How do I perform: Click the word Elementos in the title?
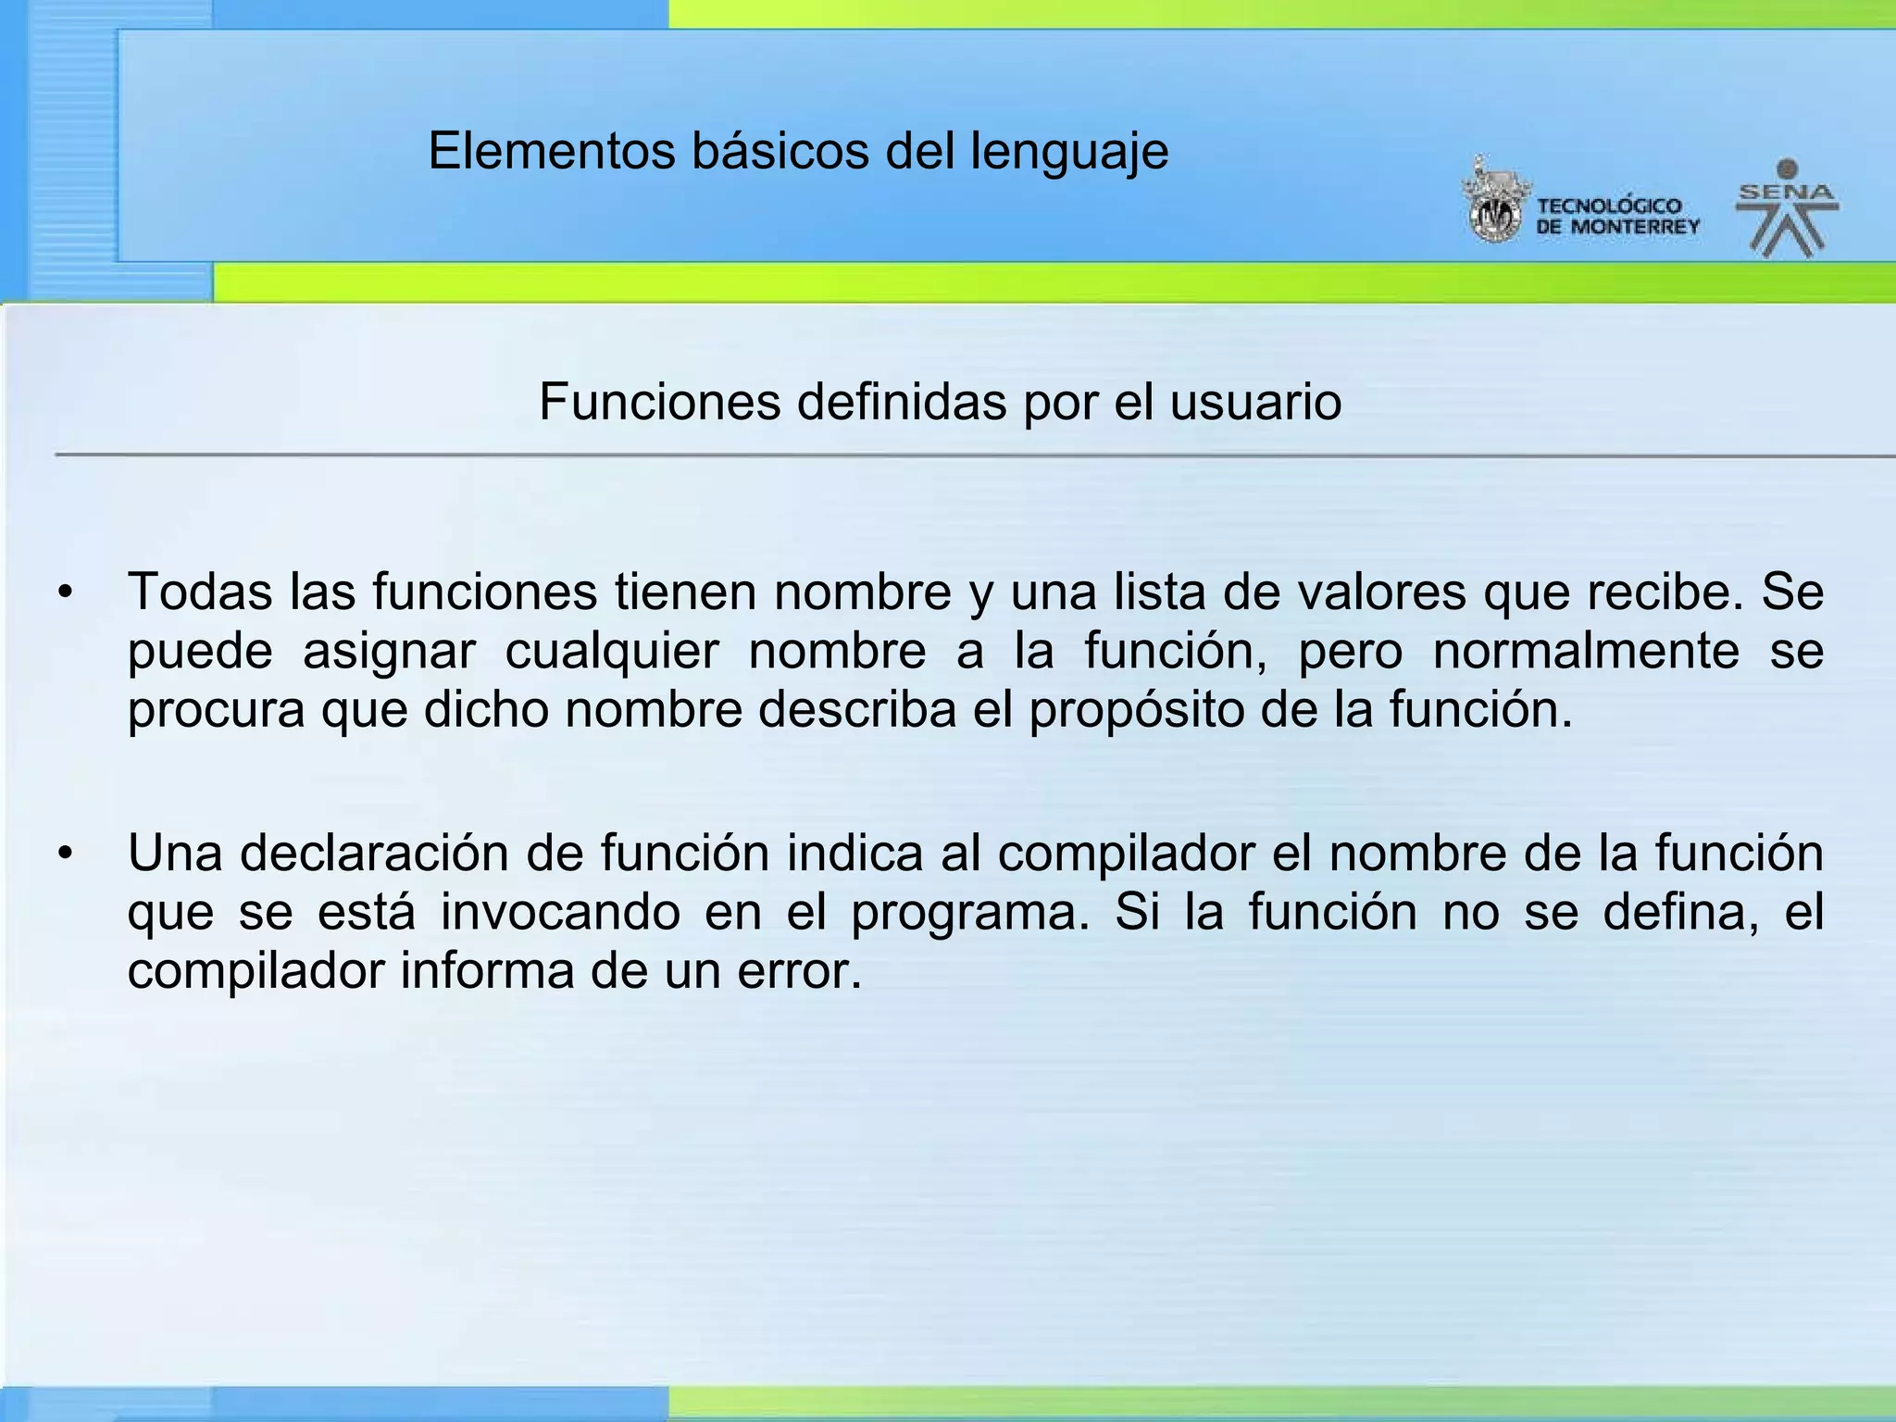point(552,151)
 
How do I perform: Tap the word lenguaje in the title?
point(1069,153)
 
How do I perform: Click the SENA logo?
point(1787,209)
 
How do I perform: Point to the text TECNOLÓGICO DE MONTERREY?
point(1617,217)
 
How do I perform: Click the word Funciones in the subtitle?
point(659,403)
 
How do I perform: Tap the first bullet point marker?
point(64,592)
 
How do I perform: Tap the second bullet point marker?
point(64,854)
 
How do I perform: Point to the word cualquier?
point(611,651)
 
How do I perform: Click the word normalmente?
point(1586,651)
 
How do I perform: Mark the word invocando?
point(560,913)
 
